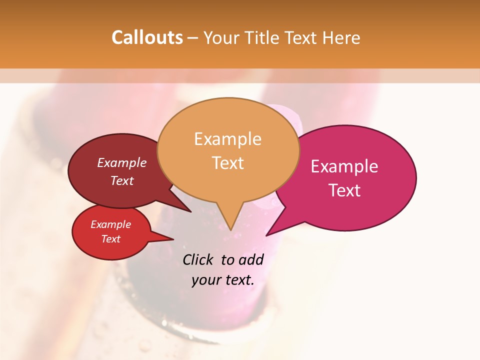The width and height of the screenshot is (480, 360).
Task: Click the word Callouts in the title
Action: (147, 37)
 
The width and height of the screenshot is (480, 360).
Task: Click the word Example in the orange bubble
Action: (227, 138)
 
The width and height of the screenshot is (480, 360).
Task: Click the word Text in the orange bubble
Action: (227, 163)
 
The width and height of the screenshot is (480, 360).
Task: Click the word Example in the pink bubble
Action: (344, 166)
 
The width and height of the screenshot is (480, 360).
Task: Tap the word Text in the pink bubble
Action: (344, 190)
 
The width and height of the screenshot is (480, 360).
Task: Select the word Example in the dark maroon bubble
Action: (122, 162)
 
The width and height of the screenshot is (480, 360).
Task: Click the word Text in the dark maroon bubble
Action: (122, 181)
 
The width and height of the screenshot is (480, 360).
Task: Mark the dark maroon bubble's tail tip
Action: (190, 211)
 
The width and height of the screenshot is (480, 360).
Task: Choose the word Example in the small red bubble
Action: (110, 224)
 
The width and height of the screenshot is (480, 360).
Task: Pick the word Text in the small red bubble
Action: (110, 239)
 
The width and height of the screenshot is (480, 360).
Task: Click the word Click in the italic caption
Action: (198, 260)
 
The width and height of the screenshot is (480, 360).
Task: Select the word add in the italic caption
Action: (250, 260)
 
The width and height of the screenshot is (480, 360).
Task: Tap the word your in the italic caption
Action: (205, 280)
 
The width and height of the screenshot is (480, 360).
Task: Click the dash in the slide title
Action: (193, 38)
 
